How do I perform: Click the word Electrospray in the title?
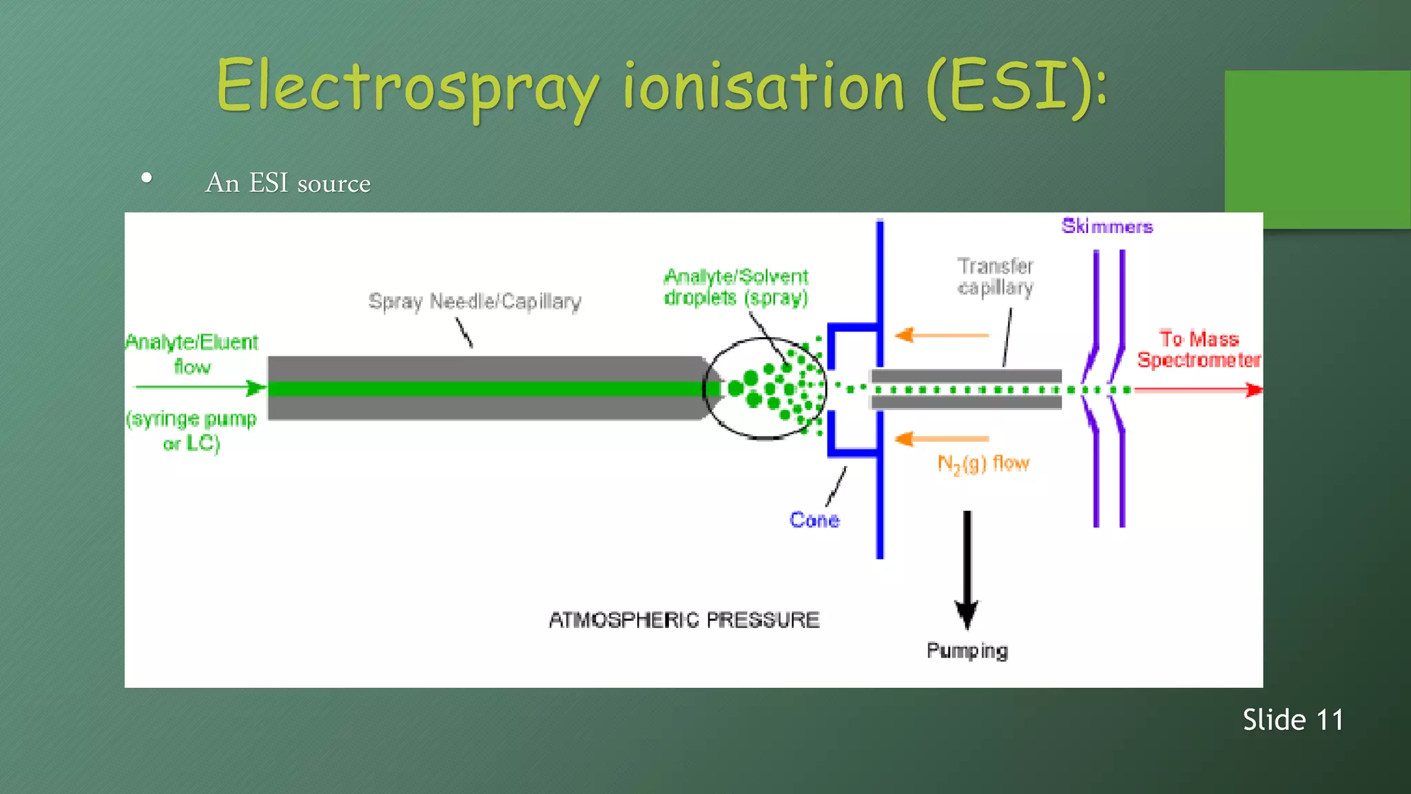(406, 88)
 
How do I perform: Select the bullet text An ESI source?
(287, 183)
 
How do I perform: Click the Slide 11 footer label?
(1293, 720)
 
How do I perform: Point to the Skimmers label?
(1106, 226)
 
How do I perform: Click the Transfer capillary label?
(996, 276)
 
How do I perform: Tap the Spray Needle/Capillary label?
(475, 302)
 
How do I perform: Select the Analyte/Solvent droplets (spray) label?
(736, 287)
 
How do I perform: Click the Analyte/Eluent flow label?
(192, 354)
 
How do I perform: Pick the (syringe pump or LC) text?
(192, 431)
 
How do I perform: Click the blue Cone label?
(814, 520)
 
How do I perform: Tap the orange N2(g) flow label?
(983, 464)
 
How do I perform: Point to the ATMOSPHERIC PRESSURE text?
(684, 620)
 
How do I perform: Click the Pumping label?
(967, 651)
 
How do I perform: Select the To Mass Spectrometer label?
(1199, 349)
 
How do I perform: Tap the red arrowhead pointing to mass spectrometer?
(1254, 390)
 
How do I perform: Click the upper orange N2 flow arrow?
(941, 336)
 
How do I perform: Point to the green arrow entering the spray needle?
(200, 388)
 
